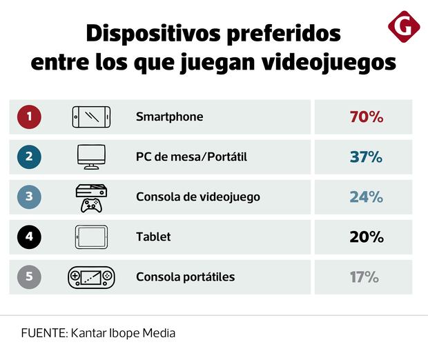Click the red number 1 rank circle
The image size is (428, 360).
[29, 117]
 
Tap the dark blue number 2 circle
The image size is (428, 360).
[29, 157]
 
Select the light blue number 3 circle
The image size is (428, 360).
[29, 197]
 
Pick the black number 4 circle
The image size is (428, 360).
[29, 237]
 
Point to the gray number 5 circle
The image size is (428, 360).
[29, 277]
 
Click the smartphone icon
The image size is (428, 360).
[92, 117]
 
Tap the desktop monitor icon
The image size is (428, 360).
[92, 157]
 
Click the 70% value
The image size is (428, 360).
[366, 117]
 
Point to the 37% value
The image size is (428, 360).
[366, 157]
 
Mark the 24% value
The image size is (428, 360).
[366, 197]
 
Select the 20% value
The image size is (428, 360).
[366, 237]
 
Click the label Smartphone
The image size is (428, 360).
[169, 117]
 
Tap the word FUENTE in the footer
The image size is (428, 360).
[42, 332]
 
